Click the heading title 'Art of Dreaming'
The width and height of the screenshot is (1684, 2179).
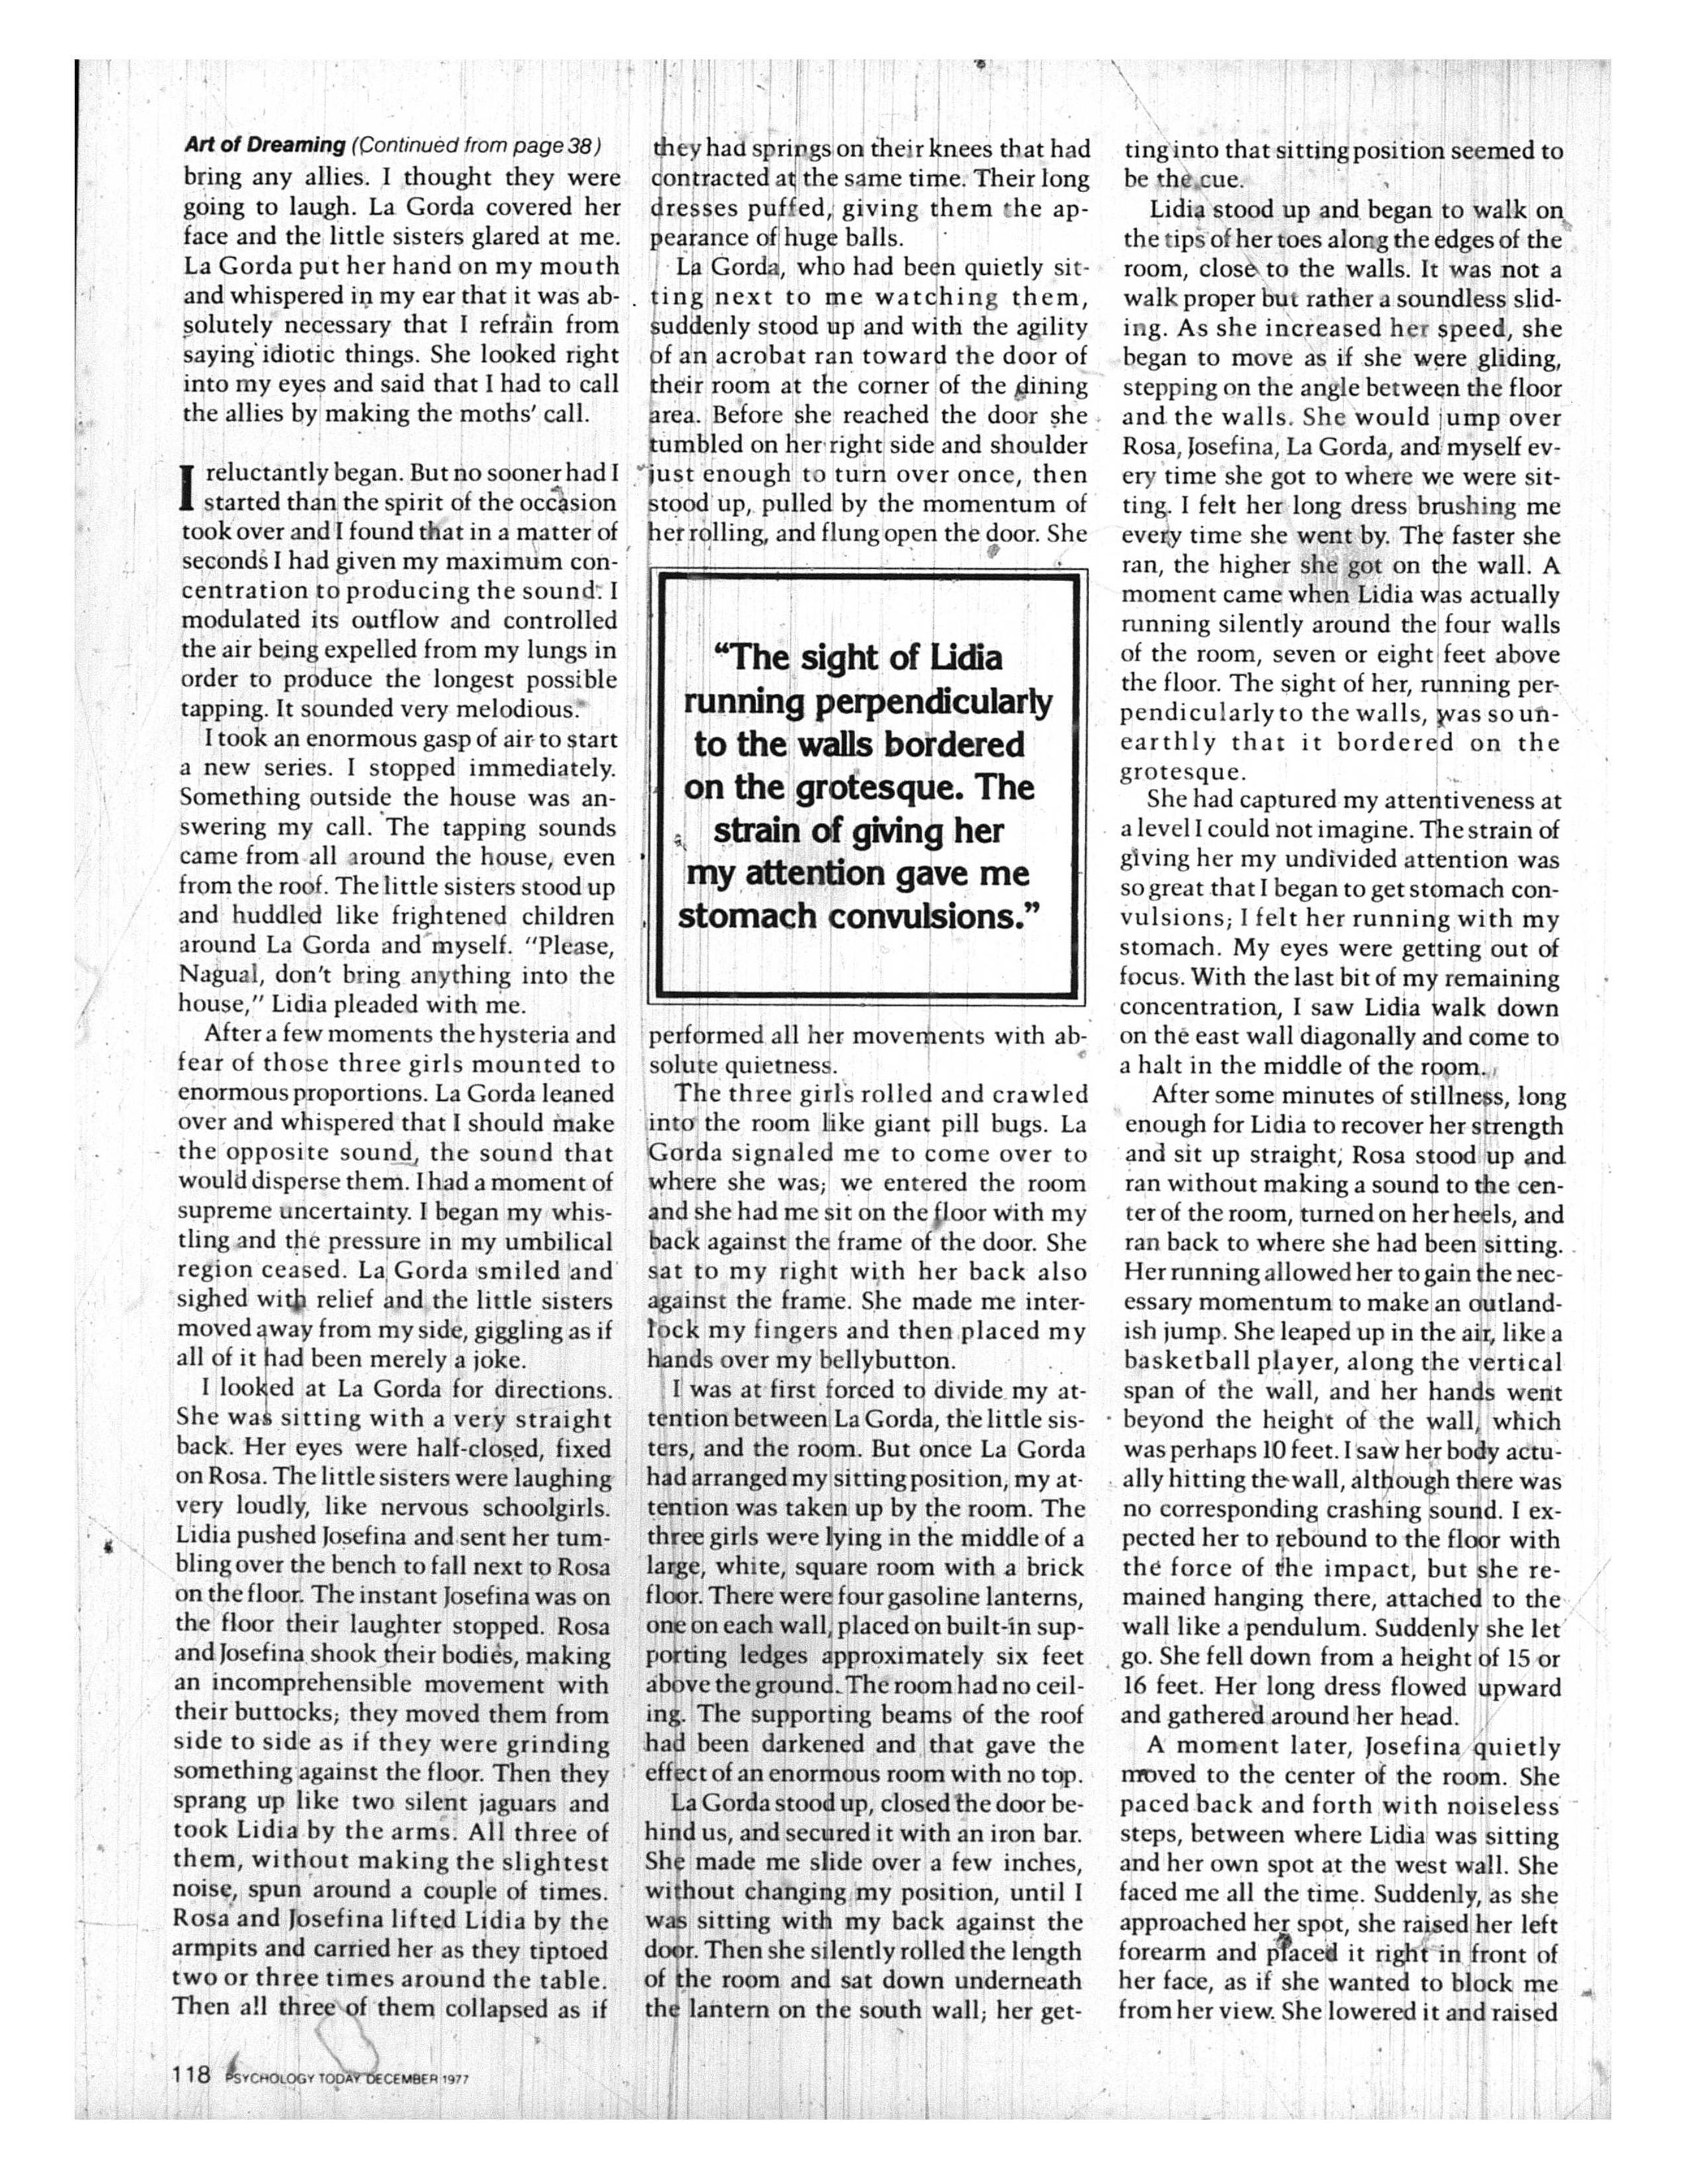pos(264,146)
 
